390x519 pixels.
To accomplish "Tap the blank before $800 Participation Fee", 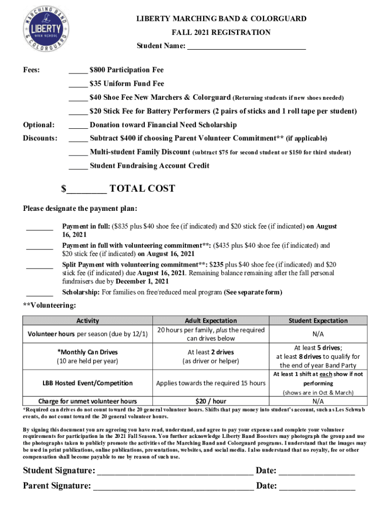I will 77,71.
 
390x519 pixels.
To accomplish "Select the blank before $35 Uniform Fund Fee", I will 77,85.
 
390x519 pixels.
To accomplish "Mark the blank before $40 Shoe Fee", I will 77,98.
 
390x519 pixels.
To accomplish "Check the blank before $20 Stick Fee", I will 77,112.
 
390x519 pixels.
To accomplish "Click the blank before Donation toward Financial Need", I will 77,126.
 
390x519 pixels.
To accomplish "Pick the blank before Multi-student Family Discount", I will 77,153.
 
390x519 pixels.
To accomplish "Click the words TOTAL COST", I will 142,189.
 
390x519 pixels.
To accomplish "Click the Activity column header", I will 88,320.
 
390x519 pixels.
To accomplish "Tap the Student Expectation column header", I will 318,320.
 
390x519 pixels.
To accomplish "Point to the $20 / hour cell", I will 211,401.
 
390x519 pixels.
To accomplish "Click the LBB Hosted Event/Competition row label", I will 88,383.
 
